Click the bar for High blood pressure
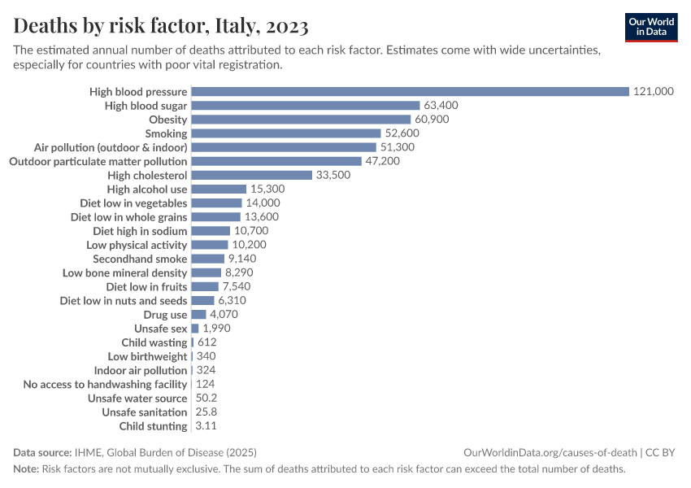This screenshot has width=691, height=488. pyautogui.click(x=410, y=91)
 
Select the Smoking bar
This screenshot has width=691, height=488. pyautogui.click(x=285, y=133)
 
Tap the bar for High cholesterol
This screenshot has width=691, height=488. pyautogui.click(x=251, y=175)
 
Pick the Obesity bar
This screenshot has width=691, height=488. pyautogui.click(x=301, y=120)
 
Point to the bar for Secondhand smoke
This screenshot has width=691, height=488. pyautogui.click(x=207, y=259)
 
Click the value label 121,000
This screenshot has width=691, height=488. pyautogui.click(x=653, y=91)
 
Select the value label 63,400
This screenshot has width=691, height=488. pyautogui.click(x=441, y=106)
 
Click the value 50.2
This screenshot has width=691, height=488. pyautogui.click(x=206, y=399)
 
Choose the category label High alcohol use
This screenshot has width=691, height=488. pyautogui.click(x=147, y=189)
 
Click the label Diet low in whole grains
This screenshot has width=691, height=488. pyautogui.click(x=128, y=217)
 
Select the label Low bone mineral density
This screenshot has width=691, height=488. pyautogui.click(x=124, y=273)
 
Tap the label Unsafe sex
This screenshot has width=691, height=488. pyautogui.click(x=161, y=329)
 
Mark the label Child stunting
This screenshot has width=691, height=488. pyautogui.click(x=153, y=426)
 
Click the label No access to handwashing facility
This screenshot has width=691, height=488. pyautogui.click(x=105, y=384)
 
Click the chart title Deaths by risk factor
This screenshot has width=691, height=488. pyautogui.click(x=161, y=27)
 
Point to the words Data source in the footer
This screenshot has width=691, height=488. pyautogui.click(x=43, y=452)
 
